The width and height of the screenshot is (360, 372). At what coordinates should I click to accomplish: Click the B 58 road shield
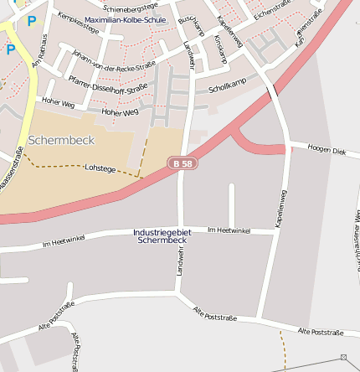(x=182, y=163)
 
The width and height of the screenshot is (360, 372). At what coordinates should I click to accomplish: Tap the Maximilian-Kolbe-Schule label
(x=125, y=19)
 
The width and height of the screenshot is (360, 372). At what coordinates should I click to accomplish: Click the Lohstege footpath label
(x=100, y=168)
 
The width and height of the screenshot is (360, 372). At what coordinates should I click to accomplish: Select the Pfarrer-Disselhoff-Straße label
(x=108, y=86)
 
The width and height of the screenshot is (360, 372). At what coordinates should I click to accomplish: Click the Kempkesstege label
(x=78, y=28)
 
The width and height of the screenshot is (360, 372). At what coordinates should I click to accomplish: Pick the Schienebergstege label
(x=131, y=6)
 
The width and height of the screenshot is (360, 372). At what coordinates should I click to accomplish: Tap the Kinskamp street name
(x=220, y=49)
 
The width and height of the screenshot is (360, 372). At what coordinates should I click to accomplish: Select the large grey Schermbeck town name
(x=61, y=140)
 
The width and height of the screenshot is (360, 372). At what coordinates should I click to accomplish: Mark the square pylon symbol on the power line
(x=343, y=358)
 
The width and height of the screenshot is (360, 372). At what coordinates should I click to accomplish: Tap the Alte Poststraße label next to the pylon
(x=316, y=333)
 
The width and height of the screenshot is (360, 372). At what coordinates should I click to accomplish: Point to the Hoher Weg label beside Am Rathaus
(x=58, y=105)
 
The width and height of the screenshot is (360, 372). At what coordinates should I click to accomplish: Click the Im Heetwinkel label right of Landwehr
(x=229, y=230)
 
